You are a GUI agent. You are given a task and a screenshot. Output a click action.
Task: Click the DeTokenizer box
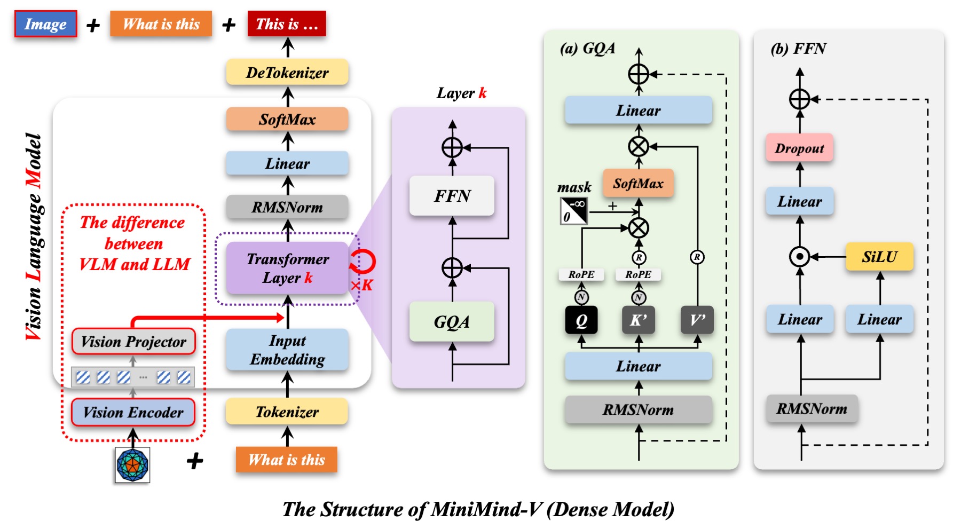[287, 73]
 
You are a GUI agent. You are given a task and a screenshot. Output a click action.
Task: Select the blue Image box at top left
[45, 25]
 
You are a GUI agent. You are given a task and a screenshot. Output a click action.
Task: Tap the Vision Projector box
[133, 342]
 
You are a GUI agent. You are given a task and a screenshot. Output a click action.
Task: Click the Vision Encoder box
[133, 412]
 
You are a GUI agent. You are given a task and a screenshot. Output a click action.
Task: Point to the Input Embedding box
[287, 350]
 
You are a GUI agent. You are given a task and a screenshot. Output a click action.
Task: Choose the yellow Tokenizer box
[287, 412]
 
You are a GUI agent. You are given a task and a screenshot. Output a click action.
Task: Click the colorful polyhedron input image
[132, 465]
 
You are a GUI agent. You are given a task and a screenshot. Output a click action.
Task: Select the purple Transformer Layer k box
[287, 269]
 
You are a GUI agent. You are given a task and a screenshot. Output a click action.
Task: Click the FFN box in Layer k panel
[452, 196]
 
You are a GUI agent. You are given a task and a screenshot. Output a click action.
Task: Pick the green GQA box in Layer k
[452, 322]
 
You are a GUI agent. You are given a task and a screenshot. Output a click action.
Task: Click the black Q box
[581, 320]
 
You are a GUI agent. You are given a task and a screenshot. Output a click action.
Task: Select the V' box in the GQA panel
[697, 320]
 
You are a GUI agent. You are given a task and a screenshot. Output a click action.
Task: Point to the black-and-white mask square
[574, 211]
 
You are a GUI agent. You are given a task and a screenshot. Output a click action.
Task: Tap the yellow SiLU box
[879, 257]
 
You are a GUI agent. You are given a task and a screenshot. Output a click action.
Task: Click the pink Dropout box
[799, 148]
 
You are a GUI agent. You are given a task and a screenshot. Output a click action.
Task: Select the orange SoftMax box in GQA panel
[638, 184]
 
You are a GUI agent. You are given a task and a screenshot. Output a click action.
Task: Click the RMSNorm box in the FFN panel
[812, 409]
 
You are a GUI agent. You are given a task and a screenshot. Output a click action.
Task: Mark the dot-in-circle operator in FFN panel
[799, 257]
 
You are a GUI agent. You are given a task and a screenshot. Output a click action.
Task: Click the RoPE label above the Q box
[581, 274]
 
